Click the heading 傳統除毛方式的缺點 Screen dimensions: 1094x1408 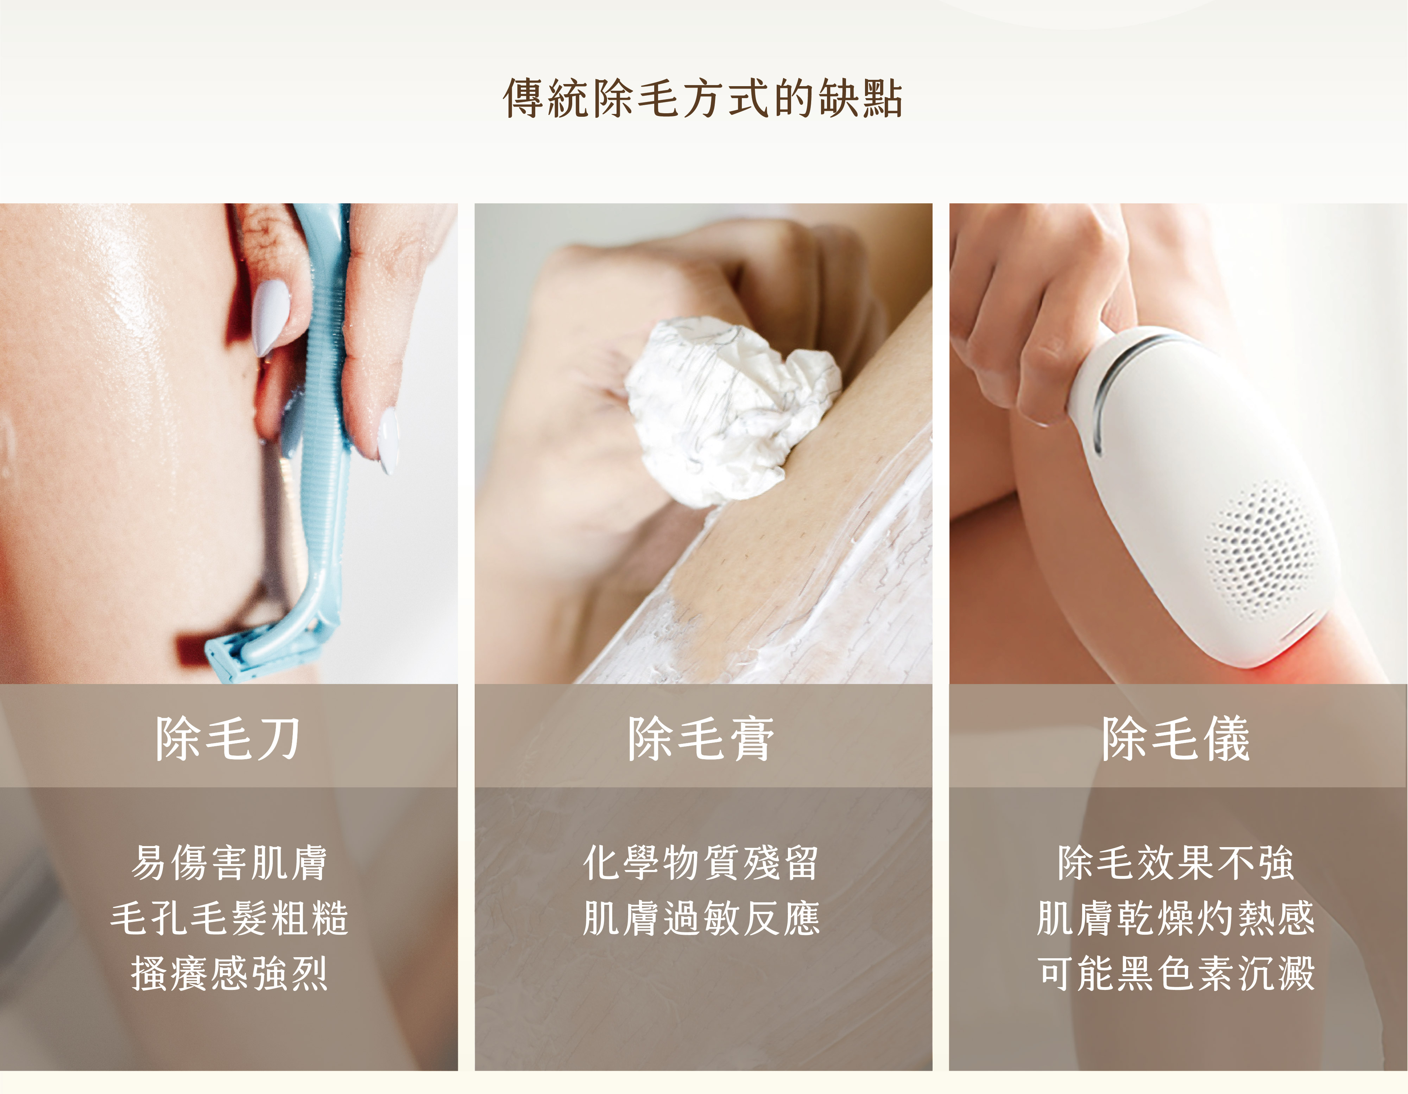(x=703, y=98)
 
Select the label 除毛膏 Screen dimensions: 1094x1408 (x=701, y=738)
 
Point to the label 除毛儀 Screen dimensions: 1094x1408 (x=1176, y=738)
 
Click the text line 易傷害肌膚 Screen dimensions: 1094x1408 (x=229, y=862)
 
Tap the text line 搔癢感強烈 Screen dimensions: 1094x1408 (x=229, y=973)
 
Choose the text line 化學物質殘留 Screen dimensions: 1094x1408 (x=701, y=862)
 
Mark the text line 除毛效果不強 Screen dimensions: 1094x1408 (x=1176, y=862)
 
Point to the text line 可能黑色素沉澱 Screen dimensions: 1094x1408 (x=1176, y=973)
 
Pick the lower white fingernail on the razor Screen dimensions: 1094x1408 (x=388, y=441)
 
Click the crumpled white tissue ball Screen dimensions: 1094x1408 (x=728, y=412)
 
